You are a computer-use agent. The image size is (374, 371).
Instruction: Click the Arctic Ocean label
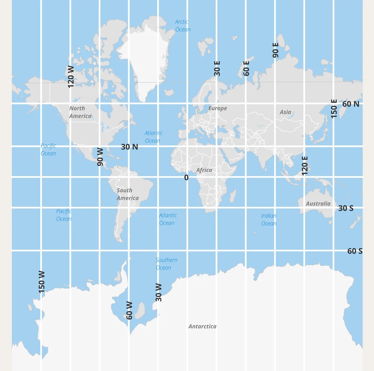point(183,25)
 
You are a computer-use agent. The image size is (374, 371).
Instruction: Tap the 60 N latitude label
point(350,104)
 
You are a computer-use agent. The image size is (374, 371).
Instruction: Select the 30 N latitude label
point(129,147)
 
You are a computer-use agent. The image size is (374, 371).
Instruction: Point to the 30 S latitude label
point(346,208)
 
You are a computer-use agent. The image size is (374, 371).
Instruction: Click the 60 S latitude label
point(355,251)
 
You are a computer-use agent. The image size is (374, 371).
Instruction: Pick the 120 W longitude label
point(71,77)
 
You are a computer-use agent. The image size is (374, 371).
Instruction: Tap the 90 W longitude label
point(100,157)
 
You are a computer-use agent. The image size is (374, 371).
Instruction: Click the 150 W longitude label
point(42,282)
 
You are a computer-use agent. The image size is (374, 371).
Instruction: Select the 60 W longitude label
point(129,310)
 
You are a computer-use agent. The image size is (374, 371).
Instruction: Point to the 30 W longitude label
point(159,292)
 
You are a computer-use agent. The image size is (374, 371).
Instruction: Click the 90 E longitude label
point(276,50)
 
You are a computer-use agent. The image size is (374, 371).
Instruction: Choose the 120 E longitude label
point(305,166)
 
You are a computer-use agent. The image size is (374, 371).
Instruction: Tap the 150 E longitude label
point(334,108)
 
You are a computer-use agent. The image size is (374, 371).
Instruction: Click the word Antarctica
point(202,326)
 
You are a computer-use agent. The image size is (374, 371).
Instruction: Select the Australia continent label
point(318,204)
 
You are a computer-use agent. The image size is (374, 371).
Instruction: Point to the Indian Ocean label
point(269,220)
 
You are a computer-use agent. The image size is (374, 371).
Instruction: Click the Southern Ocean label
point(166,264)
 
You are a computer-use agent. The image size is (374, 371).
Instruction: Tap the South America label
point(127,194)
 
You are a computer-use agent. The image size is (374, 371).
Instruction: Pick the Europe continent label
point(218,108)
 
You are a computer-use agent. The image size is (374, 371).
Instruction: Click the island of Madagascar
point(232,196)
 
